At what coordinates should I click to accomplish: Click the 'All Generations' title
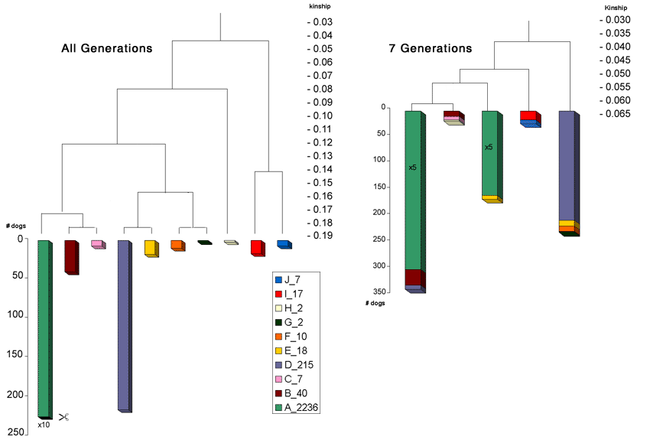[x=106, y=48]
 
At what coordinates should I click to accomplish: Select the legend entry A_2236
[x=297, y=408]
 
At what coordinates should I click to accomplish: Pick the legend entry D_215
[x=295, y=365]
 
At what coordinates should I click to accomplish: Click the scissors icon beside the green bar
[x=63, y=417]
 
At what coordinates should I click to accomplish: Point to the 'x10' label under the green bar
[x=44, y=424]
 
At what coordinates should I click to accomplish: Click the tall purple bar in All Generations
[x=125, y=325]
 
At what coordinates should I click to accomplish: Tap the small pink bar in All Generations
[x=98, y=244]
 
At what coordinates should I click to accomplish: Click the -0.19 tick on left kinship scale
[x=320, y=236]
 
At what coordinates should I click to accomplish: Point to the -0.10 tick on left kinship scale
[x=320, y=116]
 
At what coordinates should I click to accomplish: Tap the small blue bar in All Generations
[x=284, y=244]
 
